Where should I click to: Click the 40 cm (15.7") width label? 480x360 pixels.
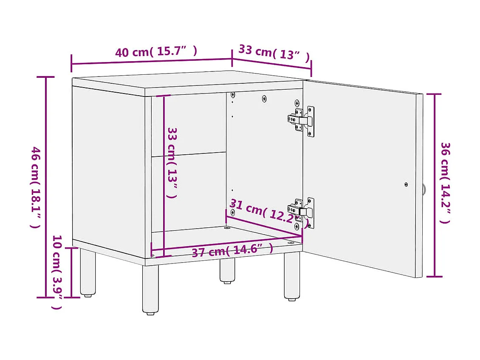(156, 52)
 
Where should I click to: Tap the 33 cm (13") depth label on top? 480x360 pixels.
(274, 53)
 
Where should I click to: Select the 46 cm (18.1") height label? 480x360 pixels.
(36, 187)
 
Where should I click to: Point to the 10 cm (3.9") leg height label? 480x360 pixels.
(57, 272)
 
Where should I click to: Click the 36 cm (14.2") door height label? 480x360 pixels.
(445, 183)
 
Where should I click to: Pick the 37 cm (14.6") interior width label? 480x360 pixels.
(232, 250)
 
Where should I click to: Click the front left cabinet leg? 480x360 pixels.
(150, 289)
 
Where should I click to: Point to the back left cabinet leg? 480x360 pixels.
(88, 272)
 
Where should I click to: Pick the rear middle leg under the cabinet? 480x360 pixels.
(227, 270)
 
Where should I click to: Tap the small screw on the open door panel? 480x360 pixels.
(406, 184)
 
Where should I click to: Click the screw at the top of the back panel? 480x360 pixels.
(264, 99)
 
